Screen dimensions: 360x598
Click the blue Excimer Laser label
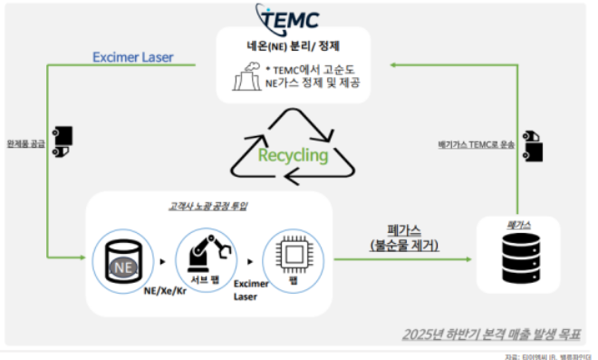(x=133, y=58)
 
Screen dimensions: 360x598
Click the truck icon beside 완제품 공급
(x=63, y=137)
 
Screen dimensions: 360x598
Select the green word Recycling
(x=292, y=154)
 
